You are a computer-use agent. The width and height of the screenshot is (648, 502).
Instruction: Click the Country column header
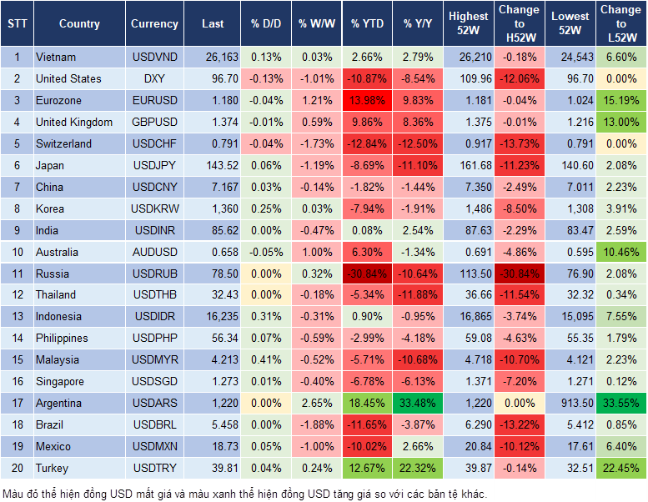tap(79, 24)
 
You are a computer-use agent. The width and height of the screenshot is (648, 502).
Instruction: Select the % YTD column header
tap(368, 24)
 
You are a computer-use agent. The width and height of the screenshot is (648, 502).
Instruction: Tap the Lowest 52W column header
tap(570, 23)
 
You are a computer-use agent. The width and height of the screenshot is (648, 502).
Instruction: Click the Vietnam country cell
tap(56, 58)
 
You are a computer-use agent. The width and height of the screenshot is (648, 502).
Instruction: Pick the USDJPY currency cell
tap(154, 166)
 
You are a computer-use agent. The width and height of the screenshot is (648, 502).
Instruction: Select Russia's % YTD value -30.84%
tap(368, 274)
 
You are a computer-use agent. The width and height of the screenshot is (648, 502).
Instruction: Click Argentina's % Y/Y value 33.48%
tap(419, 403)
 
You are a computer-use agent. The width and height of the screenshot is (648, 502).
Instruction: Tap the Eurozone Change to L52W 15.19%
tap(621, 101)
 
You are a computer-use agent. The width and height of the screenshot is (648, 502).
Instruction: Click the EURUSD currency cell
tap(154, 101)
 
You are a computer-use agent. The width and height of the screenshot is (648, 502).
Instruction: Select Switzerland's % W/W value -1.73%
tap(314, 144)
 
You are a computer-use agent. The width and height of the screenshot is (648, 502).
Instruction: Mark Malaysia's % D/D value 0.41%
tap(265, 360)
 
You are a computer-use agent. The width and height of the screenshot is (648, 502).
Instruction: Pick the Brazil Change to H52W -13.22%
tap(519, 424)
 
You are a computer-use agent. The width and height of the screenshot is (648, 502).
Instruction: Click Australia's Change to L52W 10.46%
tap(621, 252)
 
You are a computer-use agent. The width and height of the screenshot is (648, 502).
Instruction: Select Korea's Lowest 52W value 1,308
tap(571, 208)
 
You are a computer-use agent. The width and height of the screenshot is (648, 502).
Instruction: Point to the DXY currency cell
tap(154, 79)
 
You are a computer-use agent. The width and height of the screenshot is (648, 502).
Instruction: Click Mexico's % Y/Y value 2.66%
tap(419, 446)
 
